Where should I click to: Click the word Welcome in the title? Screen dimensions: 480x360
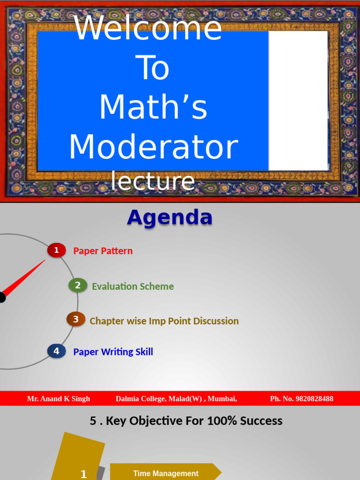click(148, 28)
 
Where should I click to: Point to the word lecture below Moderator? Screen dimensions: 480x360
click(153, 181)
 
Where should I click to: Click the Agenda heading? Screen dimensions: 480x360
click(170, 217)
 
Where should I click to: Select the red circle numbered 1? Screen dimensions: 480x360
click(56, 250)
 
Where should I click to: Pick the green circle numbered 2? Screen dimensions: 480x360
click(78, 285)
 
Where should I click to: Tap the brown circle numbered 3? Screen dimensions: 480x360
click(75, 320)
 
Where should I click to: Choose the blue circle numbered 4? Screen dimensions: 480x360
click(56, 351)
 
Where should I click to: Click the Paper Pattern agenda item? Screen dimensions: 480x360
click(103, 251)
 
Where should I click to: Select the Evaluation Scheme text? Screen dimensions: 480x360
click(133, 286)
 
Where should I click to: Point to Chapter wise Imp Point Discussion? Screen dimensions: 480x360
click(164, 321)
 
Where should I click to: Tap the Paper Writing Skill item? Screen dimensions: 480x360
click(113, 352)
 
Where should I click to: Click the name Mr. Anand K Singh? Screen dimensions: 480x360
click(59, 399)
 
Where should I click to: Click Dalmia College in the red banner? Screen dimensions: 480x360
click(140, 399)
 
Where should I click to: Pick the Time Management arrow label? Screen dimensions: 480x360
click(165, 473)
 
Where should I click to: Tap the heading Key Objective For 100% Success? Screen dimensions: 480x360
click(186, 421)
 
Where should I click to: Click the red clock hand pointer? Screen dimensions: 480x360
click(26, 279)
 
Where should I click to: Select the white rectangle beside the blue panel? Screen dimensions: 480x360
click(298, 100)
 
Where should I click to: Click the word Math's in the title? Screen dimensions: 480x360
click(153, 107)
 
